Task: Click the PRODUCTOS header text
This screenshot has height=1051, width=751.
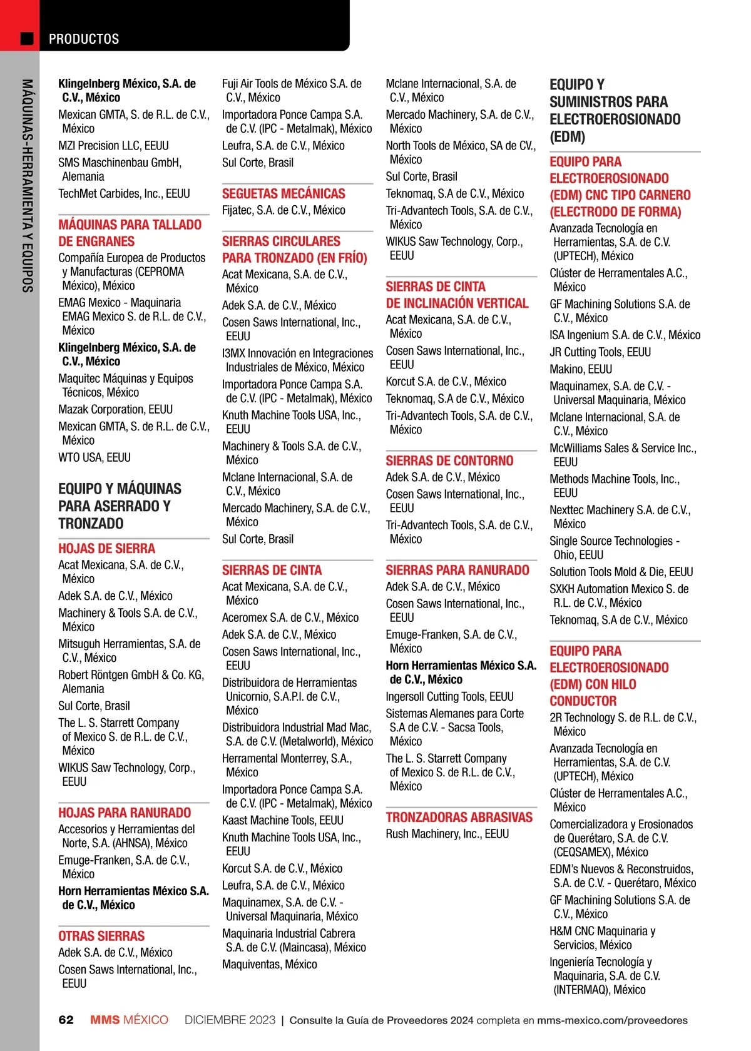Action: pyautogui.click(x=84, y=39)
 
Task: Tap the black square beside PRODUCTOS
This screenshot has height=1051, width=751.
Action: pyautogui.click(x=27, y=39)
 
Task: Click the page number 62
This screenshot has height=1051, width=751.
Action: pyautogui.click(x=66, y=1020)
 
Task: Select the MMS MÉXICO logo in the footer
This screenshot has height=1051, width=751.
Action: pyautogui.click(x=129, y=1020)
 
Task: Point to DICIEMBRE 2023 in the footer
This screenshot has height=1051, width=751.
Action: pyautogui.click(x=230, y=1020)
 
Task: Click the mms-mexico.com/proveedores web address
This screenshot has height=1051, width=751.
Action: pyautogui.click(x=612, y=1020)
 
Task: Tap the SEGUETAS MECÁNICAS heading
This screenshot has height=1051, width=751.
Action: pyautogui.click(x=284, y=194)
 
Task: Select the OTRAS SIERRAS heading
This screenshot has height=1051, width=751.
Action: pyautogui.click(x=101, y=937)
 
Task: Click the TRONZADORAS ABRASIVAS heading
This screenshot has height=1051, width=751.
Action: pyautogui.click(x=459, y=818)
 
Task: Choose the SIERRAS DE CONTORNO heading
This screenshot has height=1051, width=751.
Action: pyautogui.click(x=449, y=461)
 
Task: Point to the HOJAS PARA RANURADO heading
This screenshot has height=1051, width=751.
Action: pyautogui.click(x=125, y=813)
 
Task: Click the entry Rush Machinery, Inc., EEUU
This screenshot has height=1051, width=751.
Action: pyautogui.click(x=447, y=834)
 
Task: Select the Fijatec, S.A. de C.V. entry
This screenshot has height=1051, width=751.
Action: pyautogui.click(x=284, y=211)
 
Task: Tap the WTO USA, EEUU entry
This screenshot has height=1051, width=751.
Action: pyautogui.click(x=95, y=458)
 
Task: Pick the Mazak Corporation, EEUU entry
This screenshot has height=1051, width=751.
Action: pyautogui.click(x=115, y=410)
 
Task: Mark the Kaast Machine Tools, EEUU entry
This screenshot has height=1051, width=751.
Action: pyautogui.click(x=283, y=821)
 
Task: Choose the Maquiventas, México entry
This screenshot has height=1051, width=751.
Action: pyautogui.click(x=270, y=965)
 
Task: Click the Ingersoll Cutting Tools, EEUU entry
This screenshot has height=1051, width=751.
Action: pyautogui.click(x=449, y=697)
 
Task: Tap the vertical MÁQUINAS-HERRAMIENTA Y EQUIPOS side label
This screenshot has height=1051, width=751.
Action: pyautogui.click(x=27, y=185)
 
